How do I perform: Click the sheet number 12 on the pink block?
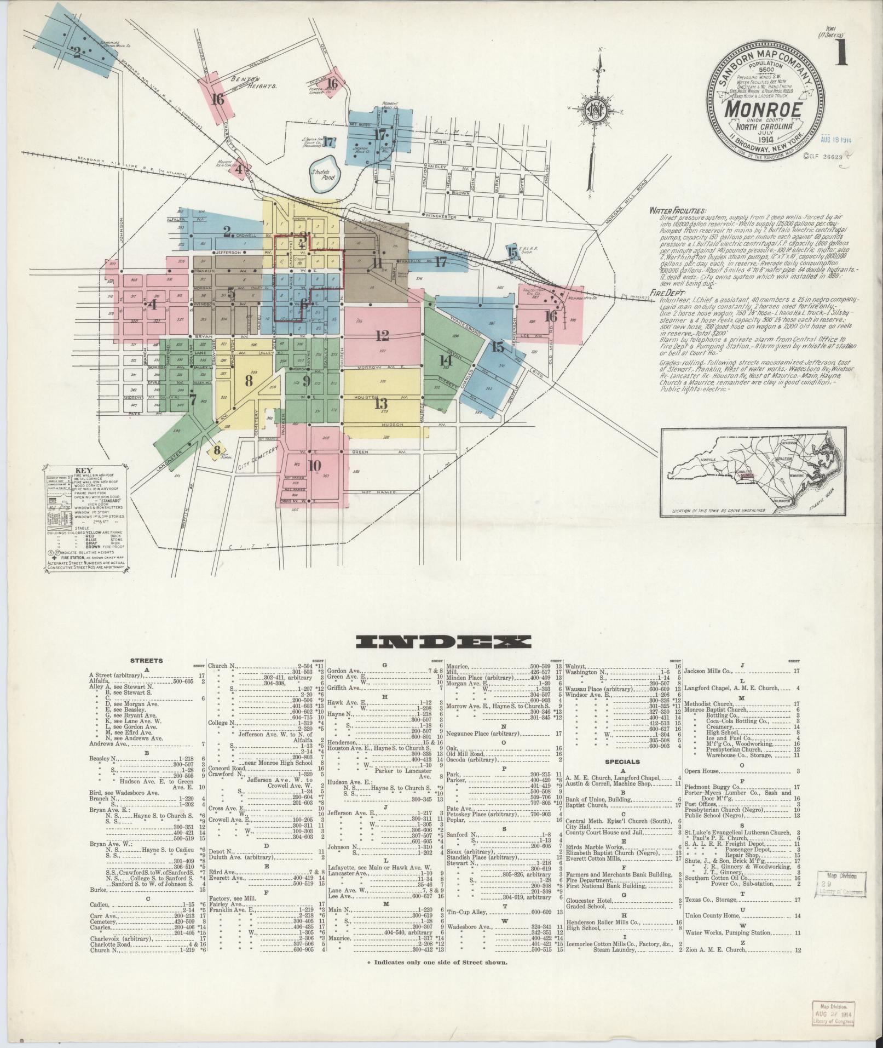point(382,335)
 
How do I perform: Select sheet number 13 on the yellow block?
point(381,404)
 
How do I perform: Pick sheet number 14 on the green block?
point(446,360)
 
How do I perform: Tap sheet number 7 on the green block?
point(192,399)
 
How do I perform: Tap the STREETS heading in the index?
point(146,661)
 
